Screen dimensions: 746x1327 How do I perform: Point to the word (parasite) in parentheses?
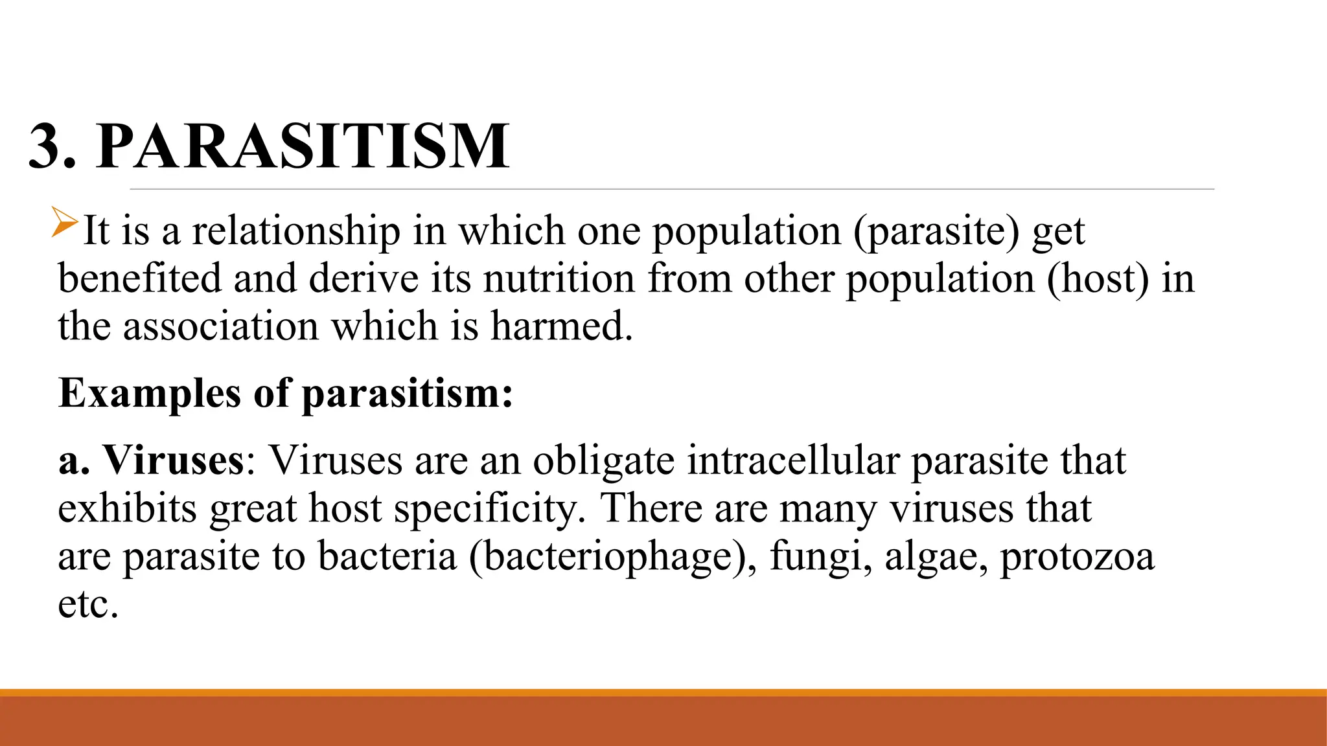[x=936, y=232]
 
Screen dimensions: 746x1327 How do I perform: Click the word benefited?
[x=140, y=278]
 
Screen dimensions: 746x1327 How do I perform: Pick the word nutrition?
[x=559, y=278]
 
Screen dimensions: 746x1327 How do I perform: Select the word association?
[x=221, y=326]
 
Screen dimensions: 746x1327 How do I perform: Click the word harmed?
[x=561, y=326]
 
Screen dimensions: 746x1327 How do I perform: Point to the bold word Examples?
[x=150, y=394]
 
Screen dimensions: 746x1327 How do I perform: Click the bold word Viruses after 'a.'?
[x=174, y=460]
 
